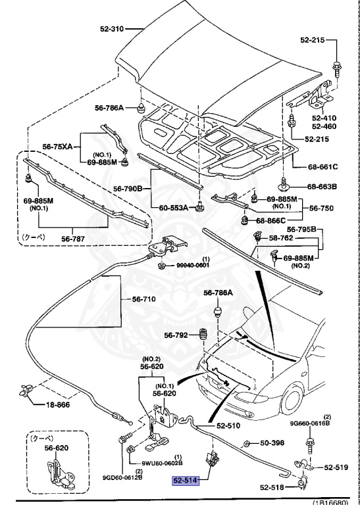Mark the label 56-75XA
click(x=59, y=147)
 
